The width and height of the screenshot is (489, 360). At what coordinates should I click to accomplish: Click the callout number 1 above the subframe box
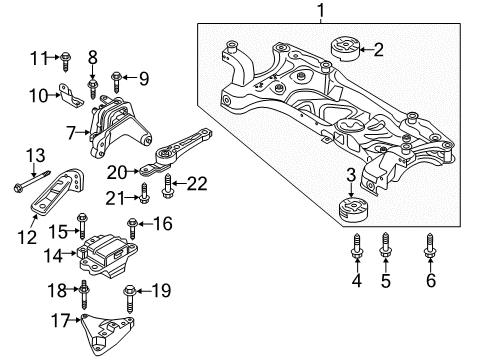[321, 11]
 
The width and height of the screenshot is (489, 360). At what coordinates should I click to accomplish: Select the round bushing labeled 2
[344, 50]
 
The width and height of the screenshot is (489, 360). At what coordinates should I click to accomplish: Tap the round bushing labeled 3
[353, 209]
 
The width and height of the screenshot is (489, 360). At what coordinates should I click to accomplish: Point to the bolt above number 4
[357, 246]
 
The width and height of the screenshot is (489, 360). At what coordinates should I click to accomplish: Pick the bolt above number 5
[385, 245]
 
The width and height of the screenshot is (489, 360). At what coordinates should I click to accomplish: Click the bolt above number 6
[430, 246]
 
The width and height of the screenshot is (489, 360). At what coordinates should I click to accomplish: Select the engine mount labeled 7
[119, 127]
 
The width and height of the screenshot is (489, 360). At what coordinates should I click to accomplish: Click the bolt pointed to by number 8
[92, 89]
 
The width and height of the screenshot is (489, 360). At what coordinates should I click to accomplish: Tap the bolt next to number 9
[116, 82]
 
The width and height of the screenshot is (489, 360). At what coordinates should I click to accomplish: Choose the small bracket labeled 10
[71, 96]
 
